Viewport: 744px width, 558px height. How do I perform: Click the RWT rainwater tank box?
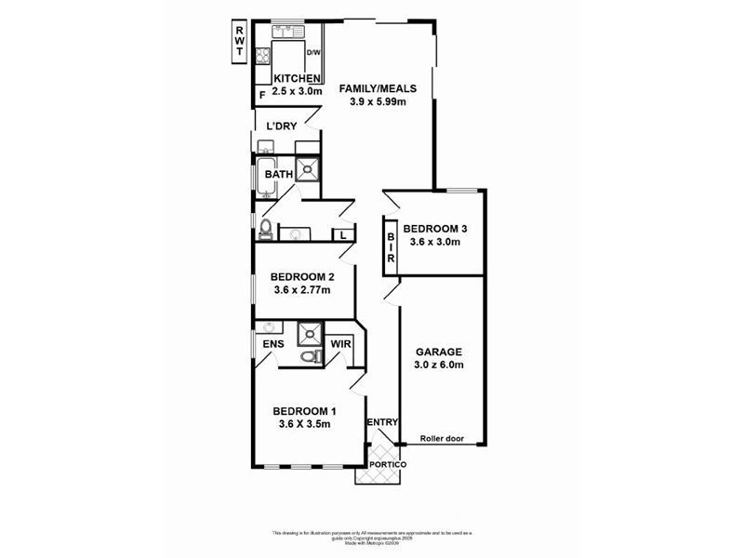point(238,42)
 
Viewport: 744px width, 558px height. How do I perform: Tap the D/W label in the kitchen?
point(313,53)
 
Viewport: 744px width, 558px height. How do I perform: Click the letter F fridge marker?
point(262,95)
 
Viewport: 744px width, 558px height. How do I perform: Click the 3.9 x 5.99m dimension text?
point(377,102)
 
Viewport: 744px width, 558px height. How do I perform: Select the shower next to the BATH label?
point(307,171)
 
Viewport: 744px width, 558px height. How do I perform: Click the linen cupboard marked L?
point(343,235)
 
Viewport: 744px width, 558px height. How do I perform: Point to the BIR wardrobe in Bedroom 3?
point(392,246)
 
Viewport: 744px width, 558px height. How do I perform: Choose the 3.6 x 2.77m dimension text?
point(302,290)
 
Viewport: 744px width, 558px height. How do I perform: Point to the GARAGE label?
point(438,352)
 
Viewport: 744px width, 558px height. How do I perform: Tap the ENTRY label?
point(382,423)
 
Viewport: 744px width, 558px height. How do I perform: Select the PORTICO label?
point(388,464)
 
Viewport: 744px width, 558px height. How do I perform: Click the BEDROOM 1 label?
point(304,411)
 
